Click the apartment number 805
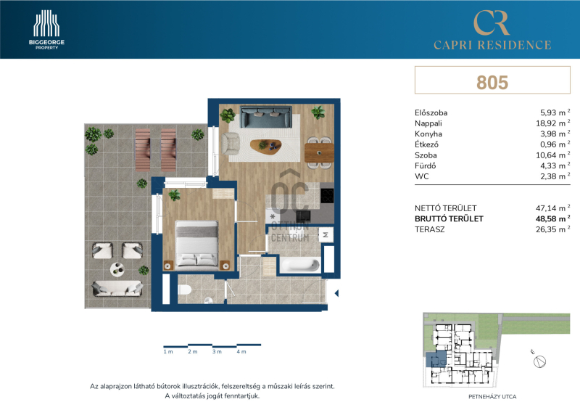click(x=492, y=82)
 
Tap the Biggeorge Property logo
click(x=46, y=30)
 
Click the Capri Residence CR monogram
click(x=492, y=22)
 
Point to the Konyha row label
click(x=428, y=134)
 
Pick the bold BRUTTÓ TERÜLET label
click(x=449, y=218)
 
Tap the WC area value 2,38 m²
click(x=555, y=176)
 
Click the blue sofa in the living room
click(x=265, y=116)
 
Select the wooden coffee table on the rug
click(x=265, y=145)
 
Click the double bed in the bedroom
click(x=196, y=244)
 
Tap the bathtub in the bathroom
click(x=299, y=265)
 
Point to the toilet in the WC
click(x=184, y=290)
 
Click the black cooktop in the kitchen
click(x=327, y=195)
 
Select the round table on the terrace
click(x=117, y=269)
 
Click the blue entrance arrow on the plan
click(x=336, y=293)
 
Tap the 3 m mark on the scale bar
click(x=217, y=351)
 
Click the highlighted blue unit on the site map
click(x=436, y=359)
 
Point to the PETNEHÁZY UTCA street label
click(x=492, y=397)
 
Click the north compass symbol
click(x=539, y=361)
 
